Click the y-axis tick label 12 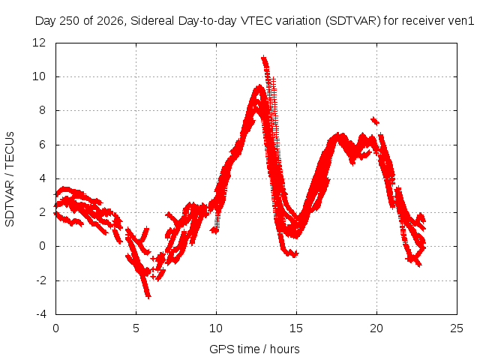click(39, 43)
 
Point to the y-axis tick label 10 click(39, 76)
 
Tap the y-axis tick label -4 click(41, 314)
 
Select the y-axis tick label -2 click(41, 280)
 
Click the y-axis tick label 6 click(42, 145)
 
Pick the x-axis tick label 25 click(457, 328)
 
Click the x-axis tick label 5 click(136, 328)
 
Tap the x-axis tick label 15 click(296, 328)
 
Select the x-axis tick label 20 click(376, 328)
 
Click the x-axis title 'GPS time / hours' click(254, 349)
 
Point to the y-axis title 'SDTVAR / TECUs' click(10, 179)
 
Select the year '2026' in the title click(110, 21)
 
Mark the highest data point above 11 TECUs click(263, 58)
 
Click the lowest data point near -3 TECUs click(148, 296)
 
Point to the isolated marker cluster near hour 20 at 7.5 click(375, 121)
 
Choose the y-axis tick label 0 click(42, 246)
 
